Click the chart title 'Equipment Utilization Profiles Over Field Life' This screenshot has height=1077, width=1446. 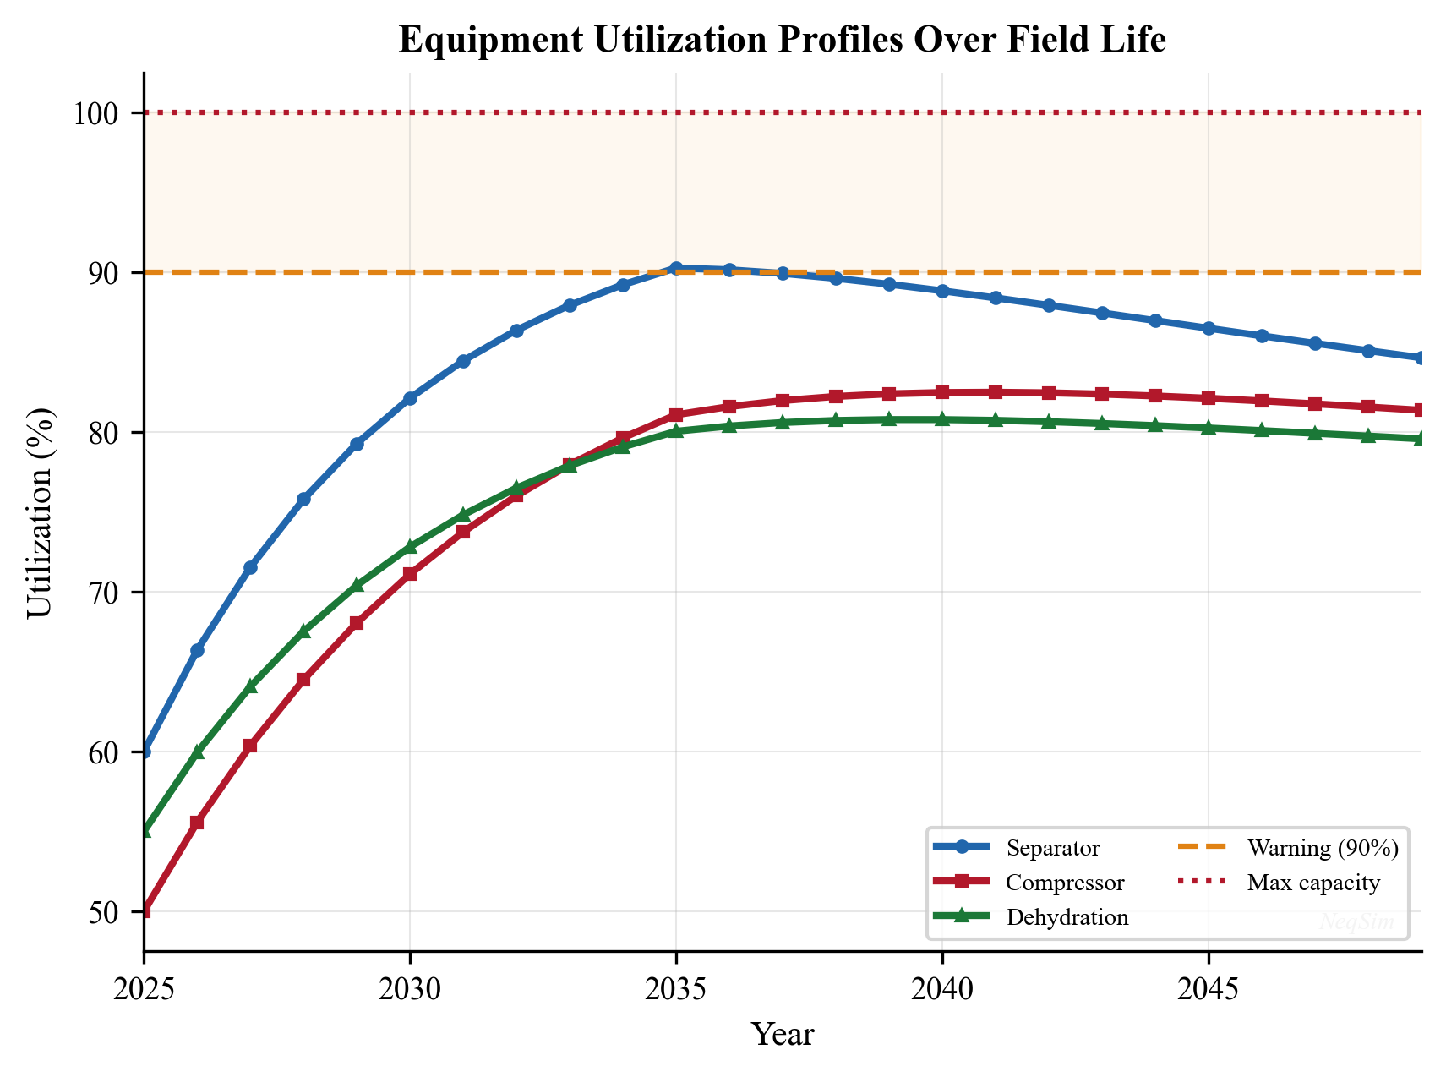(782, 41)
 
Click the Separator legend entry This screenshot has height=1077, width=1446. (1052, 848)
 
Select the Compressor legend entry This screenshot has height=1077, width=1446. (1064, 883)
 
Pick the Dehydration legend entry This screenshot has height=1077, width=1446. (1067, 918)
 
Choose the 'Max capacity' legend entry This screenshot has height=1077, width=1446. (1312, 883)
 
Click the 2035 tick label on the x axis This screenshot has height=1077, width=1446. (675, 987)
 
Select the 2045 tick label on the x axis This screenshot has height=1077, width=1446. (1208, 987)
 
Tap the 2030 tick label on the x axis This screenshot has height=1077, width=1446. (410, 987)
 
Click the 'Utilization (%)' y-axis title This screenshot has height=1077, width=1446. (41, 512)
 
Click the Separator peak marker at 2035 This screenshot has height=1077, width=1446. (675, 268)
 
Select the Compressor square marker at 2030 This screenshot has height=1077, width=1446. (410, 574)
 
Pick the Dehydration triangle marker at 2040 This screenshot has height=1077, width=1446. (941, 419)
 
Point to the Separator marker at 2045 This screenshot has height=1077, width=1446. (1208, 328)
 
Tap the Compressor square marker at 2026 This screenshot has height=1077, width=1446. (197, 823)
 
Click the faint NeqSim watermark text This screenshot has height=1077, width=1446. (1357, 922)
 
